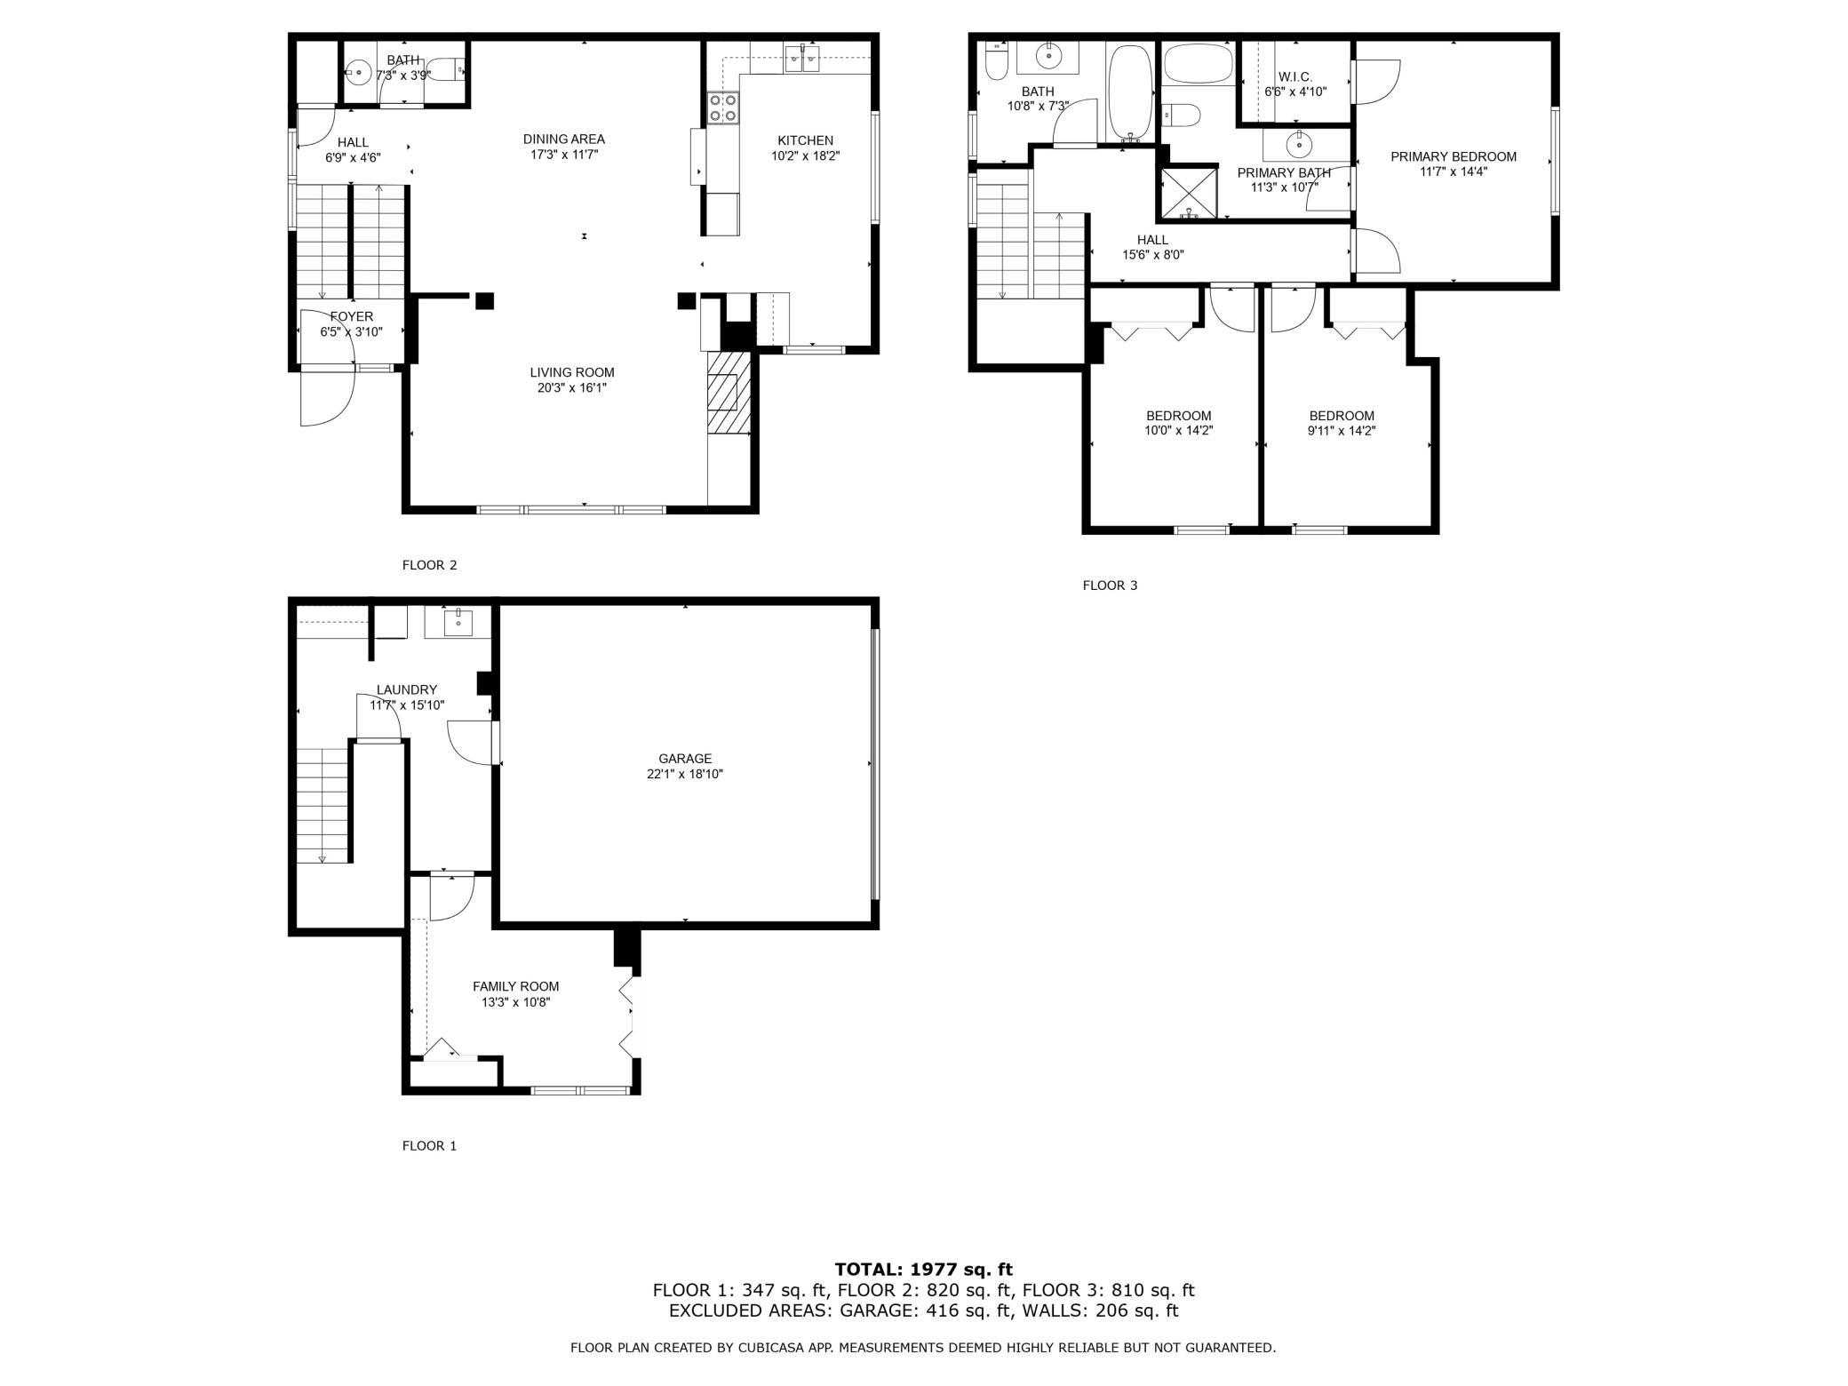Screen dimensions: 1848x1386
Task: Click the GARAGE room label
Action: [x=685, y=759]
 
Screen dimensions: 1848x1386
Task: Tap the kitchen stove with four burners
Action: [x=723, y=108]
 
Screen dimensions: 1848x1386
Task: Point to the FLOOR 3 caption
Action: [x=1110, y=585]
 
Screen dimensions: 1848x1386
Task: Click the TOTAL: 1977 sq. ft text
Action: [x=923, y=1270]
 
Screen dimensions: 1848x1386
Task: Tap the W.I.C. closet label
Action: [x=1295, y=77]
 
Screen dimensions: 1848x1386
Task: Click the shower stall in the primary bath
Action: [x=1188, y=193]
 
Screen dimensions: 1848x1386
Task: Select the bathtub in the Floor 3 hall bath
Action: [x=1129, y=93]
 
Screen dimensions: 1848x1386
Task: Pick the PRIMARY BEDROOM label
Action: [x=1454, y=157]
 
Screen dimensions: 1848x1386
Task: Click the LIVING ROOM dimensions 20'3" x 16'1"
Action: [x=572, y=388]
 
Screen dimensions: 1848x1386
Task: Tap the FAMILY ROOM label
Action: [x=515, y=986]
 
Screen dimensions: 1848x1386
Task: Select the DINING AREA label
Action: [x=564, y=139]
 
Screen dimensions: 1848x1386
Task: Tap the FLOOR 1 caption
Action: [x=429, y=1146]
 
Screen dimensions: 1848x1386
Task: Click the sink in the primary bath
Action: [x=1300, y=142]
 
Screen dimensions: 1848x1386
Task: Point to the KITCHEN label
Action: [x=806, y=140]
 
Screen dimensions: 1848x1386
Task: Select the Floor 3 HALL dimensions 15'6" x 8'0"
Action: [x=1153, y=255]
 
